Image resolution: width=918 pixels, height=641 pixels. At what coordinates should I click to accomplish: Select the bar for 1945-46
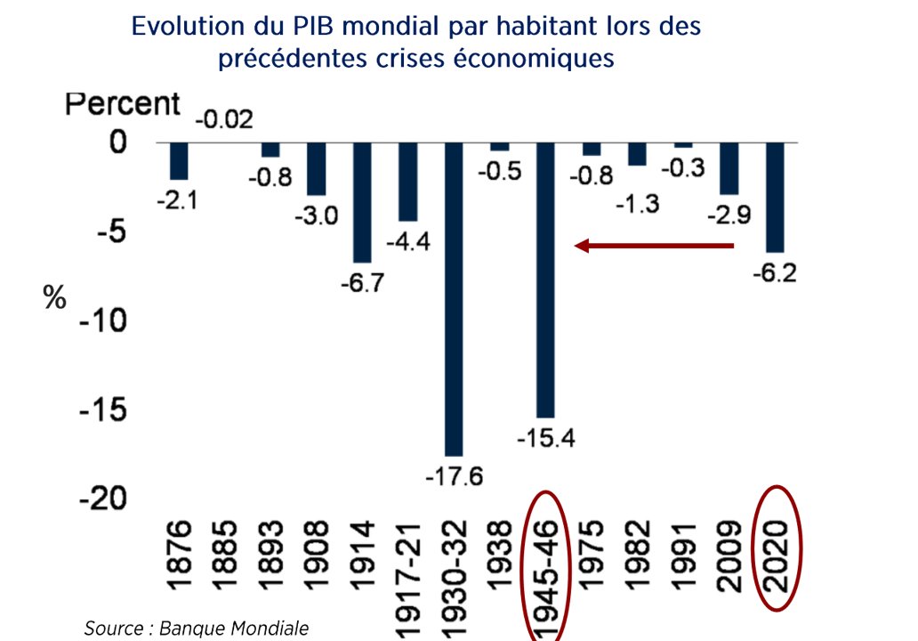[545, 279]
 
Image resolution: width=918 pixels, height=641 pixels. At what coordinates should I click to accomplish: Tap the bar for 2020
[774, 197]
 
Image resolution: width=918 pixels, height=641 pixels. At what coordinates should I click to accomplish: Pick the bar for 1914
[362, 202]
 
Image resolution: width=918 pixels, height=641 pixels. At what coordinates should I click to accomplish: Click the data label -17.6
[454, 476]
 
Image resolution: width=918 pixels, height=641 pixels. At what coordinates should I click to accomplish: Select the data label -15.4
[546, 437]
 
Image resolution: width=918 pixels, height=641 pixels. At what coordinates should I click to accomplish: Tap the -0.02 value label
[224, 119]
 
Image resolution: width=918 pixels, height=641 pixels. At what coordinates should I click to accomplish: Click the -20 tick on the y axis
[103, 500]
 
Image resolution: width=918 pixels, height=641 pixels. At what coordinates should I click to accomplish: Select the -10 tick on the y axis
[103, 321]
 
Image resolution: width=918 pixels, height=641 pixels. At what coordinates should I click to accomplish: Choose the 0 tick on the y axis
[119, 142]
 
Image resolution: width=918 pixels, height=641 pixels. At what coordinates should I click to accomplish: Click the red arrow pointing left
[655, 246]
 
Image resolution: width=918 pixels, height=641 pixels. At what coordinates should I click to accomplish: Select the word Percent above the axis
[123, 104]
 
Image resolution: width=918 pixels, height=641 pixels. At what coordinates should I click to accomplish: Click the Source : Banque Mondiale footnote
[196, 629]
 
